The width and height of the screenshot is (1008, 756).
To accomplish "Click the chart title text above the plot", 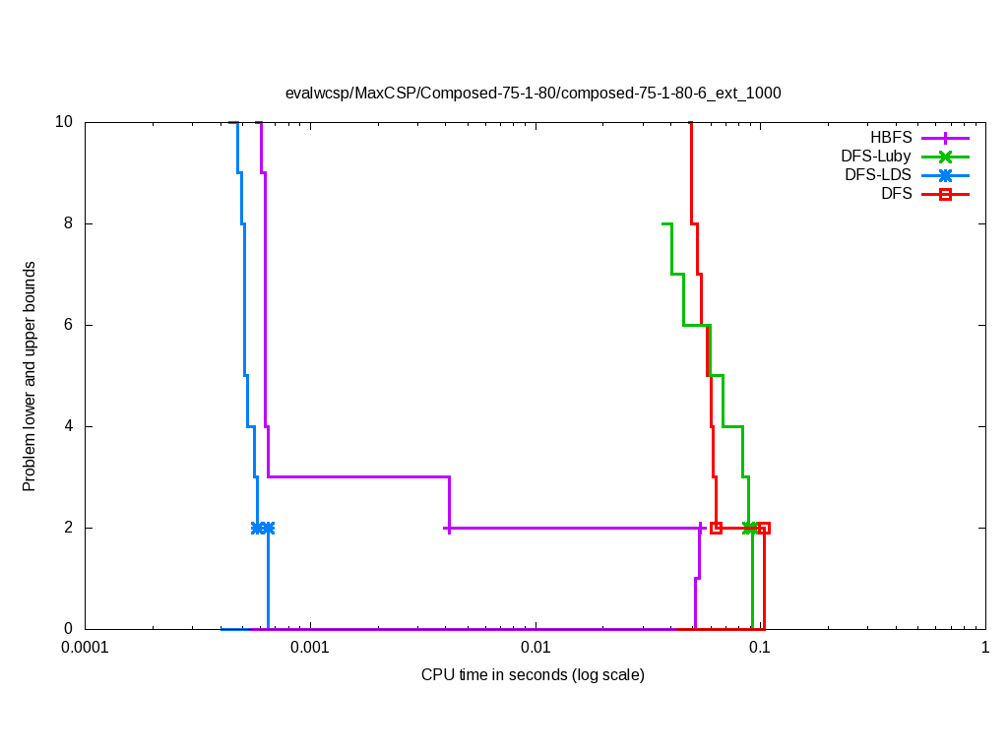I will click(533, 94).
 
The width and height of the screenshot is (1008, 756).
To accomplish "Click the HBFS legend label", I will click(891, 138).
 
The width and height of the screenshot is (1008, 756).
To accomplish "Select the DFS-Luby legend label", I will click(876, 157).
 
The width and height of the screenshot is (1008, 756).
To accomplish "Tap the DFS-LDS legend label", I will click(878, 175).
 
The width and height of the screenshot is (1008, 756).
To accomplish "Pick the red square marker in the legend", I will click(945, 194).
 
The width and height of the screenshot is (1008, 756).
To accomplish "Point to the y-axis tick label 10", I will click(64, 122).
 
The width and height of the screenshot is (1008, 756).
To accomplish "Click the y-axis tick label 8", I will click(69, 223).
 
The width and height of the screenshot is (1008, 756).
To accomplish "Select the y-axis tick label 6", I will click(69, 325).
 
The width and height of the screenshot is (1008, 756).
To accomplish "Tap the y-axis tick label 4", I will click(69, 426).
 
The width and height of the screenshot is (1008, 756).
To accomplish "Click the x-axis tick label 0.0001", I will click(85, 648).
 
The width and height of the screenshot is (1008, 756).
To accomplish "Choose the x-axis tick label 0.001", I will click(311, 648).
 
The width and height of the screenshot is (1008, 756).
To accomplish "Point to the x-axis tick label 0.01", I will click(535, 648).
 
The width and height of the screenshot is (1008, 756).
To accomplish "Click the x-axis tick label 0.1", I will click(760, 648).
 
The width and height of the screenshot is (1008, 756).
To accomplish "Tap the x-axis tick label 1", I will click(984, 648).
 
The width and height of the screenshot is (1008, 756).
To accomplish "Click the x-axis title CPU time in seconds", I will click(533, 675).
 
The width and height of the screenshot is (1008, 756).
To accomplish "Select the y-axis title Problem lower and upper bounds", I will click(30, 376).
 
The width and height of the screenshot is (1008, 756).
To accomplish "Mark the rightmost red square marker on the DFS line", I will click(764, 528).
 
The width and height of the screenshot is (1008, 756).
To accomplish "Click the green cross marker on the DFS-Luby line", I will click(749, 528).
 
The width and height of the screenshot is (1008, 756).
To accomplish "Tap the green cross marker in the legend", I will click(945, 157).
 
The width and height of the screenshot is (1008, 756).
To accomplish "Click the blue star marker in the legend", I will click(945, 175).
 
